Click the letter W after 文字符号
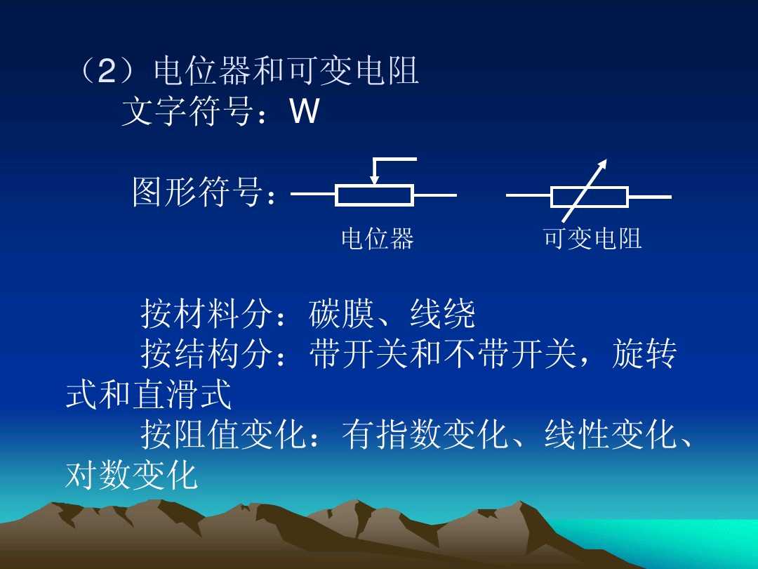(x=304, y=112)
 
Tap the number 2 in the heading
(x=106, y=72)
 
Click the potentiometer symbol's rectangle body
(x=374, y=195)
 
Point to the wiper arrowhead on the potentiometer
(x=374, y=181)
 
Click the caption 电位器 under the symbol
(x=378, y=239)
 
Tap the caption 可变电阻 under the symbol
(x=592, y=239)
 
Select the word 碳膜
(x=342, y=314)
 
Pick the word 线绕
(x=442, y=314)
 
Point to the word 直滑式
(x=182, y=395)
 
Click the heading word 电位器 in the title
(x=204, y=72)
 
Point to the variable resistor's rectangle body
(x=590, y=197)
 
